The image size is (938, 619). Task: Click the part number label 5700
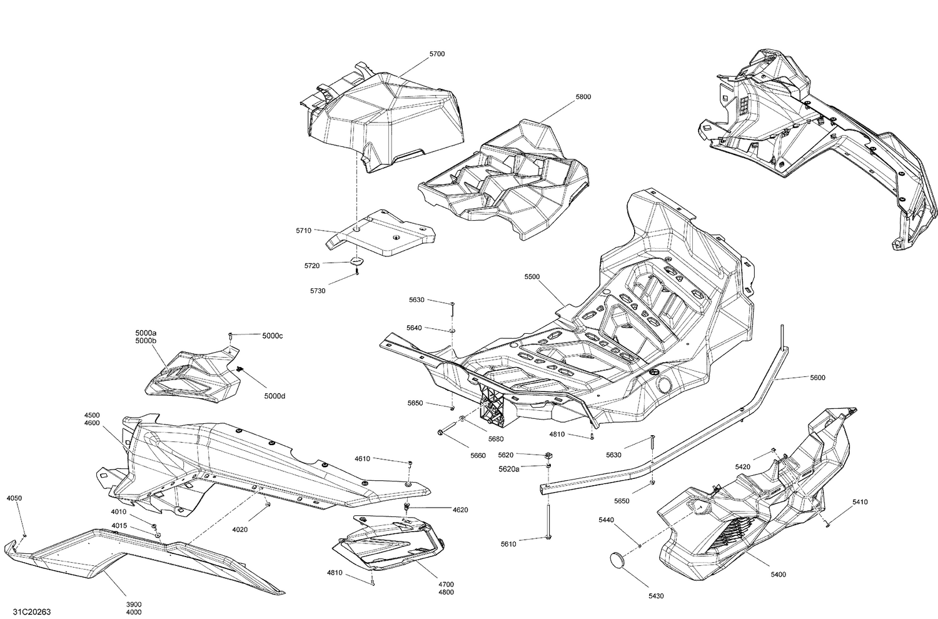[437, 54]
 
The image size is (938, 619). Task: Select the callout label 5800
[583, 97]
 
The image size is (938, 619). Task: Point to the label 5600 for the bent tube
[817, 378]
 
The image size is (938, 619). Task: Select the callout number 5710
[303, 231]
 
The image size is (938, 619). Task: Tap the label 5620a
[508, 468]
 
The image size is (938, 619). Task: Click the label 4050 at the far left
[14, 498]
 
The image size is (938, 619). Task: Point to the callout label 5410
[860, 502]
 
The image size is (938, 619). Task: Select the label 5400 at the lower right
[779, 574]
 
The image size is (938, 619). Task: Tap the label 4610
[362, 458]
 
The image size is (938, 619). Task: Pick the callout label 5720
[312, 266]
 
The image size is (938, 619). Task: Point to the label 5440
[605, 520]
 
